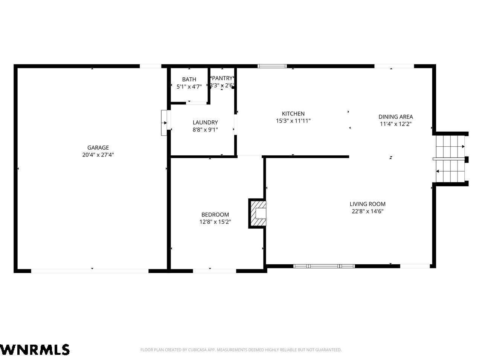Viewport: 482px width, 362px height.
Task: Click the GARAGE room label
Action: (x=98, y=147)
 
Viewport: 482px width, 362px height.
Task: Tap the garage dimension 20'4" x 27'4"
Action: (x=98, y=155)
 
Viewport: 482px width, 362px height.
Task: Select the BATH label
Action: (x=189, y=79)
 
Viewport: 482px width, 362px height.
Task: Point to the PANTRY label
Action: (x=222, y=78)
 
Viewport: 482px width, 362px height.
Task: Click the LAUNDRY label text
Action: (x=205, y=123)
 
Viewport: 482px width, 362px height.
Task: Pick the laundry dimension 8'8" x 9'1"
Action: (x=205, y=130)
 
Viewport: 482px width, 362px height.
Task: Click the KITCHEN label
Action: (x=293, y=114)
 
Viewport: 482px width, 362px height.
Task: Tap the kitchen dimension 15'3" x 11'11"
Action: (x=293, y=121)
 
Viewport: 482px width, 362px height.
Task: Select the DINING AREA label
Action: (x=396, y=117)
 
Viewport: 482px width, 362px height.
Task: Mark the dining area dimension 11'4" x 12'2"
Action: (x=396, y=124)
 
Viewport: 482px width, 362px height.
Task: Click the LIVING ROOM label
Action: (x=368, y=204)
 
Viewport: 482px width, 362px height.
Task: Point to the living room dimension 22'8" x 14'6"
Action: (x=368, y=211)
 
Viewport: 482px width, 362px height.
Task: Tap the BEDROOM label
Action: (x=215, y=215)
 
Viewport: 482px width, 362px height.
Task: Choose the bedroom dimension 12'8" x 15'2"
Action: (x=215, y=222)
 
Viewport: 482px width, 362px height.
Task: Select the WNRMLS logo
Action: (x=35, y=350)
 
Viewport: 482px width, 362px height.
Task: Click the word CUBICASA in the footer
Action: (x=197, y=350)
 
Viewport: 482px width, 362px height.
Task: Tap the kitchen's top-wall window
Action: (x=272, y=66)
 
